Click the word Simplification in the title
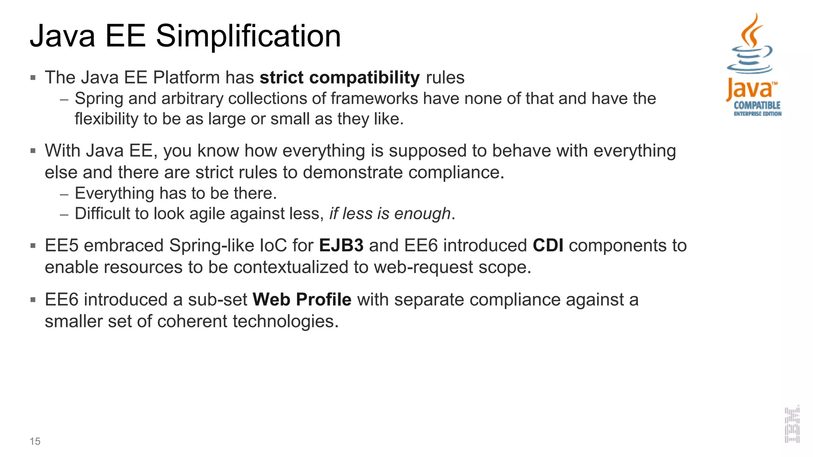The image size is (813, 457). pos(248,36)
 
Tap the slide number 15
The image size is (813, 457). pos(35,441)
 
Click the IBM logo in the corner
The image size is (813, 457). pos(792,424)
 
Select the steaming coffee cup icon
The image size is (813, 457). pos(749,46)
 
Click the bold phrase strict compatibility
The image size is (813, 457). pos(339,77)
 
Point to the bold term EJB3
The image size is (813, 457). pos(341,246)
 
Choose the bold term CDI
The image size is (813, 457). pos(548,246)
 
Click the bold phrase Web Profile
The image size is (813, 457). pos(302,300)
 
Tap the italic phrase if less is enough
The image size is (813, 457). pos(390,214)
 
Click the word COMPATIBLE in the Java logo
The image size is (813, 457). pos(757,105)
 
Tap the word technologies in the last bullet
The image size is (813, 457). pos(285,321)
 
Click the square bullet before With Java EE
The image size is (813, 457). pos(33,151)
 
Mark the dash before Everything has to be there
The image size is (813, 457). pos(64,194)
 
